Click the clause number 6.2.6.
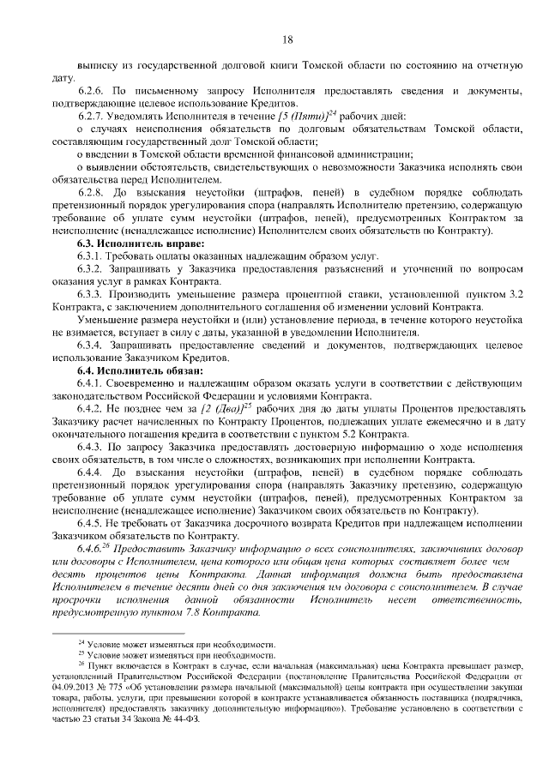pos(92,90)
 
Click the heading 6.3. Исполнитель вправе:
pos(130,244)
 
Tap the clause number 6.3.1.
pos(92,256)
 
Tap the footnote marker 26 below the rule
pos(81,664)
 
